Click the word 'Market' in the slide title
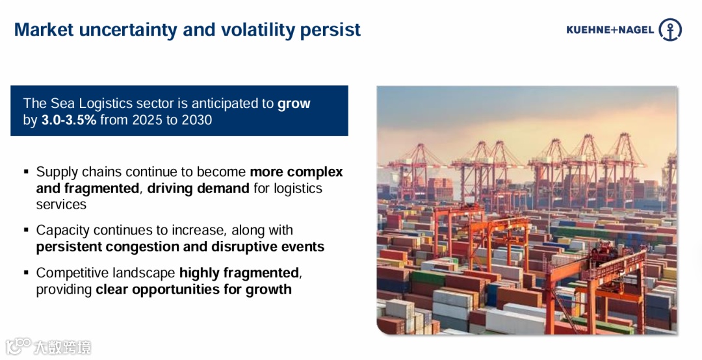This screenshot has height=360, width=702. [44, 29]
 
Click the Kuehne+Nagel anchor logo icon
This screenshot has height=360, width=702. [670, 29]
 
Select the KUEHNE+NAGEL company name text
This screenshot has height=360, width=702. [610, 30]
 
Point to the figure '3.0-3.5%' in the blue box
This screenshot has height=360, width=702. [68, 120]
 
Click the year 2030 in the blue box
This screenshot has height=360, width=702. [196, 120]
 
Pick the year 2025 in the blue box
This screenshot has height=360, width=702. [148, 120]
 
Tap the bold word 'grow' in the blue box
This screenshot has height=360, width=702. [294, 104]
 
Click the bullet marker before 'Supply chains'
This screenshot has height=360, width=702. [27, 171]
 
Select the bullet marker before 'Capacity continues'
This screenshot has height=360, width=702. [27, 229]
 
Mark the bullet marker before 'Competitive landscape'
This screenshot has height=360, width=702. [27, 272]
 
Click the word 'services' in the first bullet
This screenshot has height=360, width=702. [61, 204]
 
